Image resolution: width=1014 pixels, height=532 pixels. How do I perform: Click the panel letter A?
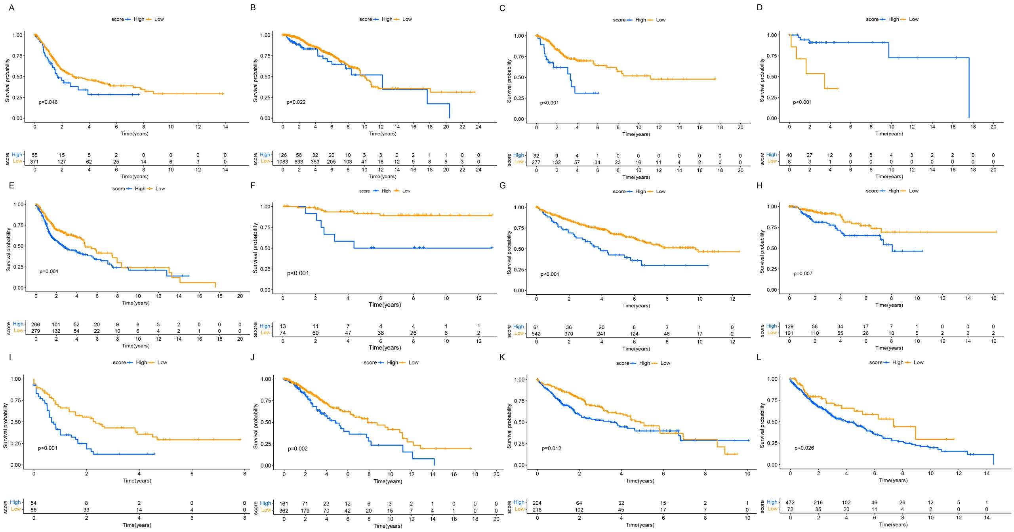point(11,8)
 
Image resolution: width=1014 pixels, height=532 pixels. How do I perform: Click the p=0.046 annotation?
point(48,102)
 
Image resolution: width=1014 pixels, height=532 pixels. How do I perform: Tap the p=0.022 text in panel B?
point(296,102)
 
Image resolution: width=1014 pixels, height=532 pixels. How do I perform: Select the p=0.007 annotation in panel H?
point(802,274)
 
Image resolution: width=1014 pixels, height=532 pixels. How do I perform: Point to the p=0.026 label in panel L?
point(804,448)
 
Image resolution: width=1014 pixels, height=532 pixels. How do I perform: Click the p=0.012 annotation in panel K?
point(551,448)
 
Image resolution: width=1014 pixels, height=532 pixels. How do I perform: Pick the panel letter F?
point(253,185)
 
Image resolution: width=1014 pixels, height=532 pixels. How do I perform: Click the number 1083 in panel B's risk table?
point(282,162)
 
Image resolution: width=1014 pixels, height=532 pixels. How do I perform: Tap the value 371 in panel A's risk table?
point(34,162)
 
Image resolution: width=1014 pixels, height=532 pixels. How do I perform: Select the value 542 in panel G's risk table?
point(536,334)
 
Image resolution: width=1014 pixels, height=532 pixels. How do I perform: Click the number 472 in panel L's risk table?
point(790,503)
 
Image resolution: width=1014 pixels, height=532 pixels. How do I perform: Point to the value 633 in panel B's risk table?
point(299,162)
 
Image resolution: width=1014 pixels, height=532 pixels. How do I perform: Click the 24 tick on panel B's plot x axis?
point(478,127)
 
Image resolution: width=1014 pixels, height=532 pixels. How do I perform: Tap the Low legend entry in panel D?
point(913,19)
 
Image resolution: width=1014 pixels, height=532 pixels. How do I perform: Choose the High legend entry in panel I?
point(141,362)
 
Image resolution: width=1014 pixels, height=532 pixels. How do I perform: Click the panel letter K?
point(502,358)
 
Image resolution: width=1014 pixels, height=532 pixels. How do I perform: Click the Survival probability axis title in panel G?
point(509,252)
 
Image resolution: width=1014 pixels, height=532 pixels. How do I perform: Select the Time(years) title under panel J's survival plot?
point(387,481)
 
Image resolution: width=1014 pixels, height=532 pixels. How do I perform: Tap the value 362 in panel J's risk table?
point(284,511)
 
